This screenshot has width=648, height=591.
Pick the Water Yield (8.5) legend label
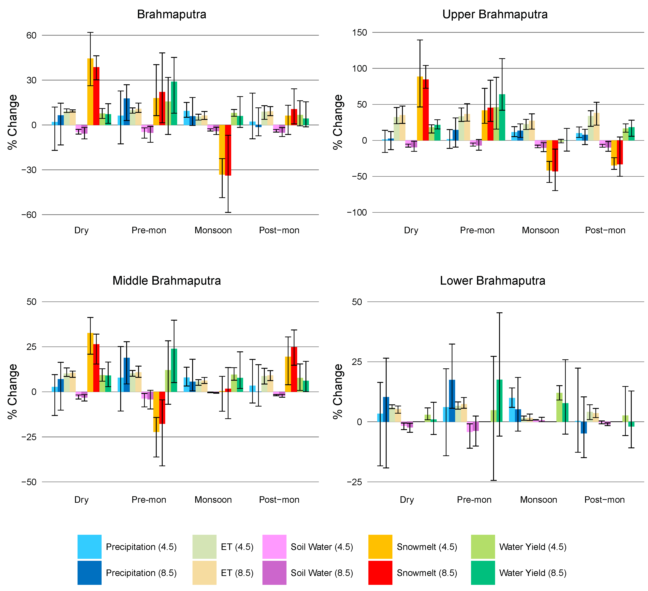pyautogui.click(x=533, y=573)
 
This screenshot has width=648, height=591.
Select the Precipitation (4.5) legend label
pyautogui.click(x=141, y=547)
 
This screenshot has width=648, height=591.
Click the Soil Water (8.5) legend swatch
pyautogui.click(x=274, y=573)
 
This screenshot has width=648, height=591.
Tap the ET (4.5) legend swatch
pyautogui.click(x=204, y=547)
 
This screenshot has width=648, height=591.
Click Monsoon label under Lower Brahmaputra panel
pyautogui.click(x=538, y=500)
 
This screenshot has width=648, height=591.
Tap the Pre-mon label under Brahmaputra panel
pyautogui.click(x=149, y=230)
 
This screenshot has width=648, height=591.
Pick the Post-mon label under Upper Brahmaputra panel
pyautogui.click(x=605, y=230)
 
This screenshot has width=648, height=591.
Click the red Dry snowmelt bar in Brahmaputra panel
pyautogui.click(x=96, y=96)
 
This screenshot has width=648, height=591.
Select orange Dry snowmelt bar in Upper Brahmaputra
pyautogui.click(x=420, y=109)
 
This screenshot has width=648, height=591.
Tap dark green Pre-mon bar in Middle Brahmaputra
pyautogui.click(x=174, y=370)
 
